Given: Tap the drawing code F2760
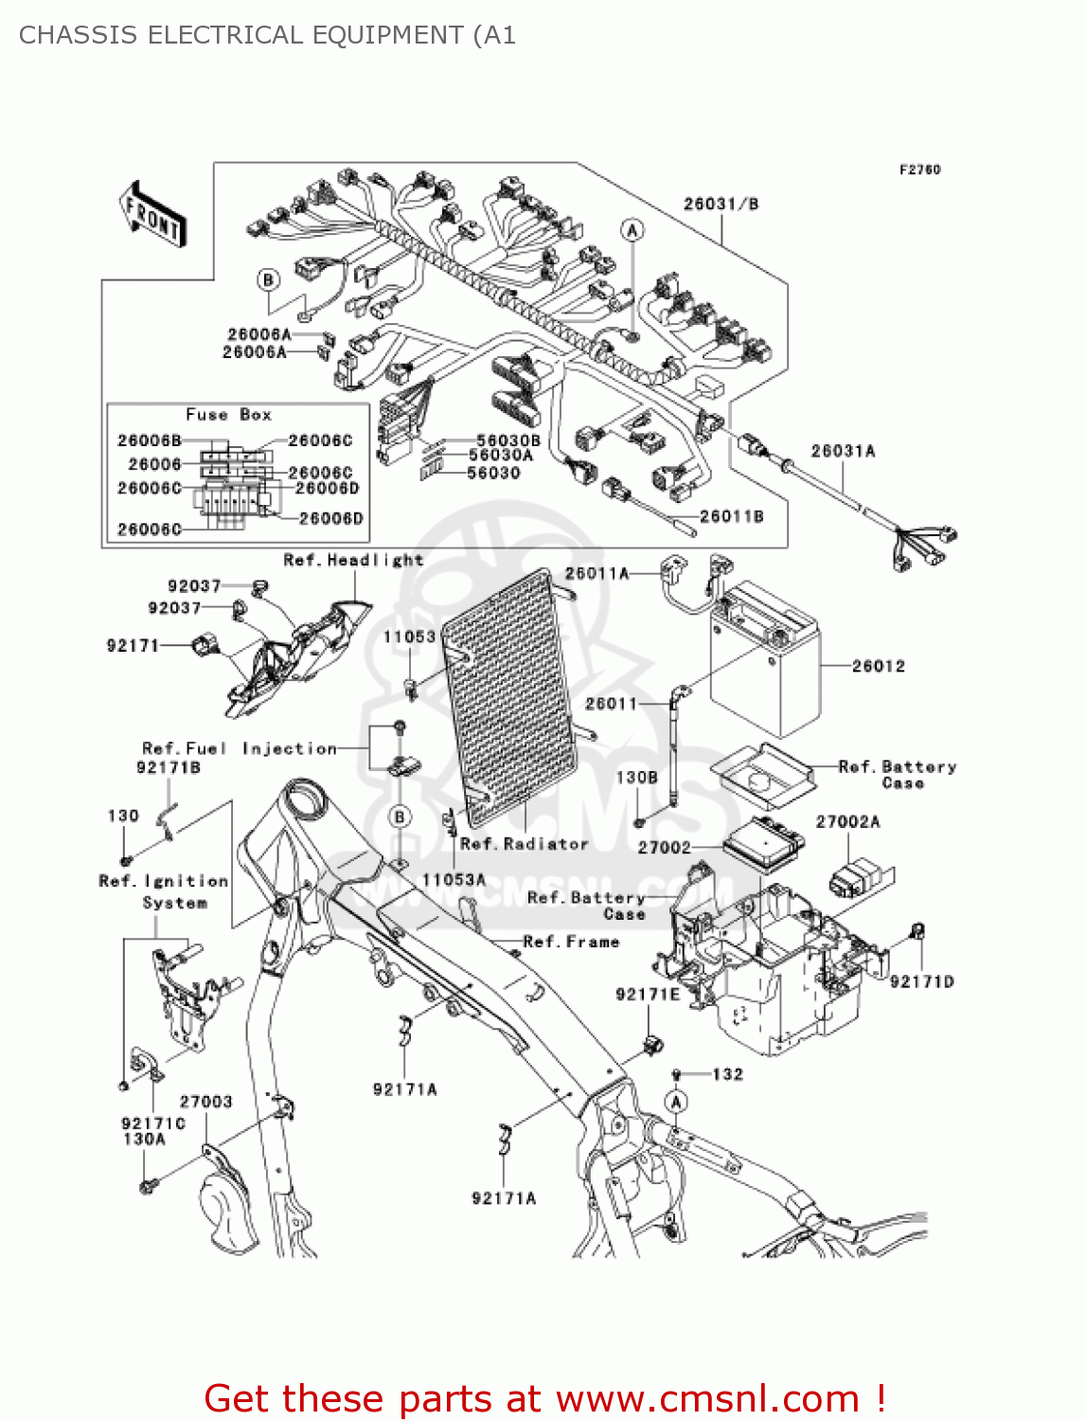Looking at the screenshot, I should tap(919, 170).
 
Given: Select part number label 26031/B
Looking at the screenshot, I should tap(721, 204).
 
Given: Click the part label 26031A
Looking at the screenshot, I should tap(843, 451).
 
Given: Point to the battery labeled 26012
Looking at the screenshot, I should tap(765, 663).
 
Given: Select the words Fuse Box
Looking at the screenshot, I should tap(228, 415).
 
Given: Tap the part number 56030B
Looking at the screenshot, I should tap(507, 441).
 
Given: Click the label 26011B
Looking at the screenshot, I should tap(731, 516).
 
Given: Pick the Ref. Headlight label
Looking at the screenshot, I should tap(353, 560).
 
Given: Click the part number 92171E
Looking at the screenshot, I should tap(648, 994).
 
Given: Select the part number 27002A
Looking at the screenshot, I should tap(847, 821).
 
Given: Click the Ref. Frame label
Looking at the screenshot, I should tap(571, 942).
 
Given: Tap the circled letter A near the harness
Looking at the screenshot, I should tap(632, 230).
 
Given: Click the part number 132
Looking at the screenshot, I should tap(727, 1074).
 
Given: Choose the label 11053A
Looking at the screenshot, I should tap(454, 880).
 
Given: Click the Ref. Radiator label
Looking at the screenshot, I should tap(524, 843).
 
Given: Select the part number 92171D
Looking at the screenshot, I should tap(921, 981).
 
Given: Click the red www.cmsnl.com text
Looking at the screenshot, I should tap(707, 1398).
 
